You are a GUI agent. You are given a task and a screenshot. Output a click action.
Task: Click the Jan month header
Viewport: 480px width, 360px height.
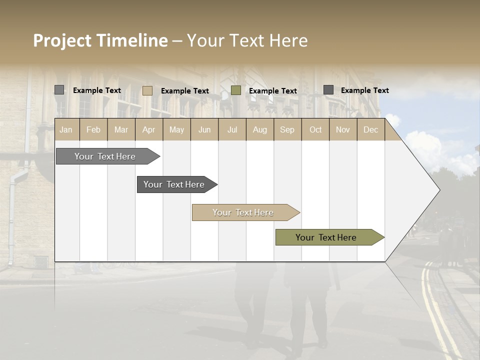(x=66, y=129)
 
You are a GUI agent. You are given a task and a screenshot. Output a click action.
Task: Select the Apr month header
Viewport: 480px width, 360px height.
(x=148, y=129)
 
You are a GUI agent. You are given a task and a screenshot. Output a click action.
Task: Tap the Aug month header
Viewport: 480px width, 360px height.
(x=259, y=129)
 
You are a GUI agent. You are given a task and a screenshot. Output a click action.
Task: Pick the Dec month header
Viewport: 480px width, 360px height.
(x=370, y=129)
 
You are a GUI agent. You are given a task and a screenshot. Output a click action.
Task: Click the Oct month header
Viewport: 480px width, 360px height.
(x=315, y=129)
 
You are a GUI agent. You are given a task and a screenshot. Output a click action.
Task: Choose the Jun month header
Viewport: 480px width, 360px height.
(x=204, y=129)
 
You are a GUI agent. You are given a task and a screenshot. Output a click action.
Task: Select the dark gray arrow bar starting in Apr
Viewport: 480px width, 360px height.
(x=175, y=184)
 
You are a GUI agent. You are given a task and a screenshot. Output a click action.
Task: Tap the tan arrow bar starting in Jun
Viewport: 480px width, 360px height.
(x=244, y=212)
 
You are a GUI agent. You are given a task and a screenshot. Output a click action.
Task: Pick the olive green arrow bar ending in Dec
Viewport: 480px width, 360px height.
(x=327, y=237)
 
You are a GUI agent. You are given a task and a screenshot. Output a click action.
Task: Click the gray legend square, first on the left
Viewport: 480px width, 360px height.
(x=59, y=90)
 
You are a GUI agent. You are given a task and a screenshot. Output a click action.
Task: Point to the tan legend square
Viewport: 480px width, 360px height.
(x=147, y=90)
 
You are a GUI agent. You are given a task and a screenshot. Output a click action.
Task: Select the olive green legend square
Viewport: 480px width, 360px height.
(x=236, y=90)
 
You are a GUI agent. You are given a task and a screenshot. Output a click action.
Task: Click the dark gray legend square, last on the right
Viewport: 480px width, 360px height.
(x=328, y=90)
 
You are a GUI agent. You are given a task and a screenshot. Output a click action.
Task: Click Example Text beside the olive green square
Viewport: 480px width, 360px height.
(x=273, y=91)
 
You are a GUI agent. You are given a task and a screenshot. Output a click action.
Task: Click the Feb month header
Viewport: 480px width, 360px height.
(x=93, y=129)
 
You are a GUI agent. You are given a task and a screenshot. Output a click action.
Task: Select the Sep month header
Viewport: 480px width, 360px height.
(x=287, y=129)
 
